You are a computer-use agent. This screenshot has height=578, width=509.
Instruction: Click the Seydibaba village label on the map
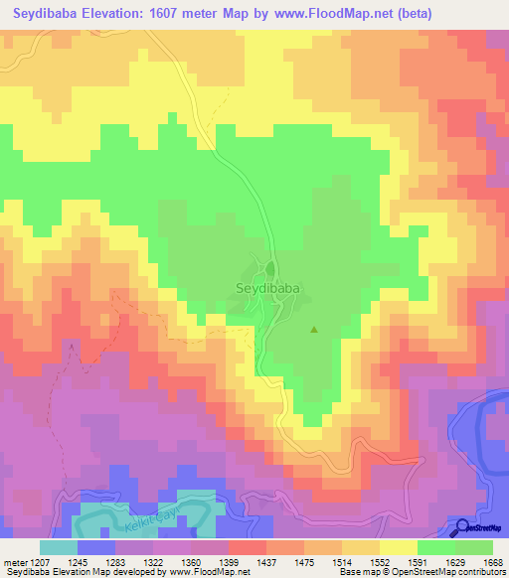[x=268, y=289]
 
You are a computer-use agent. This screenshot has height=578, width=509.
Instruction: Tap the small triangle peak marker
[x=315, y=330]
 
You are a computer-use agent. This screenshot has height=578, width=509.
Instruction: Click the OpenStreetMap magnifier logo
[x=461, y=527]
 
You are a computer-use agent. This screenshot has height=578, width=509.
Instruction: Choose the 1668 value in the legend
[x=493, y=561]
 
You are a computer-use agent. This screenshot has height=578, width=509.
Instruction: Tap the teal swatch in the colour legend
[x=59, y=546]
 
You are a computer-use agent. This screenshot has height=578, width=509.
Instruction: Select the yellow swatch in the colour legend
[x=399, y=546]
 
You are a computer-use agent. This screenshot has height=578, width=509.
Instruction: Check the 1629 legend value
[x=455, y=561]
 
